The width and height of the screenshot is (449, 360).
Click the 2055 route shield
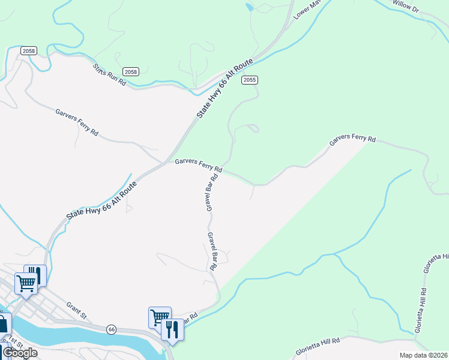[x=250, y=79]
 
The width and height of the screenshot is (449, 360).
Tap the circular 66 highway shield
[x=111, y=329]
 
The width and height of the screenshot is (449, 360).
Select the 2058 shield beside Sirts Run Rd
[x=131, y=72]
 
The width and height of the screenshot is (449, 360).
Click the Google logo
[x=20, y=353]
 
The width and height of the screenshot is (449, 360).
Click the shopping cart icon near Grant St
[x=26, y=283]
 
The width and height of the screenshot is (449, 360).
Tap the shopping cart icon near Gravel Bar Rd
[x=160, y=317]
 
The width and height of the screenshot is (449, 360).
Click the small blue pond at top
[x=249, y=7]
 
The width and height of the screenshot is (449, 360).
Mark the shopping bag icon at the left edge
[x=3, y=324]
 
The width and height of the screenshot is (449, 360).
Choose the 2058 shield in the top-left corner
[x=28, y=51]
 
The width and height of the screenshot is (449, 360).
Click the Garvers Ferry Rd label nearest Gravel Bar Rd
[x=199, y=165]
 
